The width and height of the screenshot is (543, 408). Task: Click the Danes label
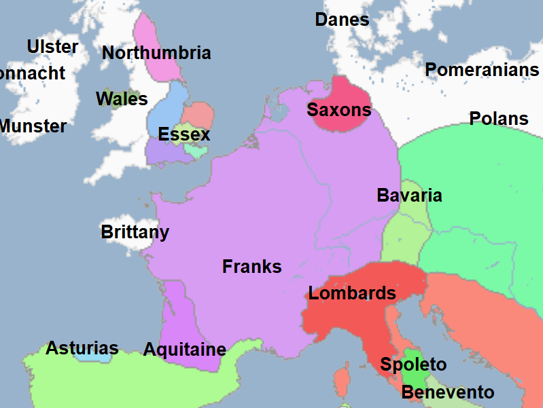(x=342, y=20)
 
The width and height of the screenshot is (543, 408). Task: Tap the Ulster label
(x=52, y=47)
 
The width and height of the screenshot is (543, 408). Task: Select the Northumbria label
(x=156, y=53)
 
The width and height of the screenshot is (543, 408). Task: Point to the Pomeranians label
(x=482, y=70)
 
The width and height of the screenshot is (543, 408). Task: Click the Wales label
(x=122, y=99)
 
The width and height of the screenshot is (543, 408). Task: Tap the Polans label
(x=499, y=119)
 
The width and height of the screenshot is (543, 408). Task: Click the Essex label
(x=184, y=134)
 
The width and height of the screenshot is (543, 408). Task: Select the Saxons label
(x=339, y=110)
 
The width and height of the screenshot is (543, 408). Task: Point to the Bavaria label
(x=409, y=196)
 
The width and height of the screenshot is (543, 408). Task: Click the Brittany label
(x=135, y=232)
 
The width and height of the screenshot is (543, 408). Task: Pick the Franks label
(x=251, y=267)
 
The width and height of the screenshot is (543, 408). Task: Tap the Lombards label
(x=352, y=293)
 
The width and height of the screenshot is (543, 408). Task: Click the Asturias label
(x=82, y=349)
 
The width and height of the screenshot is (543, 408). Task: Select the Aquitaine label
(x=184, y=350)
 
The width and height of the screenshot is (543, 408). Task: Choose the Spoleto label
(x=413, y=365)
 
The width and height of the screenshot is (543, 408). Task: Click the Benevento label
(x=447, y=392)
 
